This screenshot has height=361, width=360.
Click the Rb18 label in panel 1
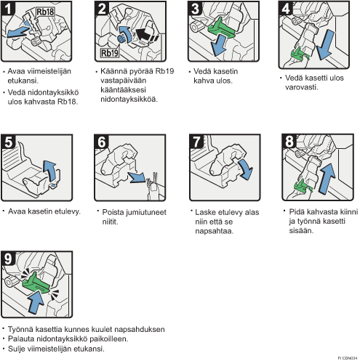[x=45, y=12]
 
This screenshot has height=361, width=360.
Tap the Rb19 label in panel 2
[x=110, y=53]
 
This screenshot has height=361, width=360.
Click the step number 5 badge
[x=9, y=142]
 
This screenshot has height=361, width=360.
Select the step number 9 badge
[x=8, y=259]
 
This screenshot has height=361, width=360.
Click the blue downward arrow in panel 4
[x=325, y=45]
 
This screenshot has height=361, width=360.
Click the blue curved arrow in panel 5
[x=50, y=171]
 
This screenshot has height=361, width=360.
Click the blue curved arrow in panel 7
[x=246, y=169]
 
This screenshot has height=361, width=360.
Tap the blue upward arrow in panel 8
[x=327, y=178]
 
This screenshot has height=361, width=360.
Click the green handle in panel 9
[x=36, y=283]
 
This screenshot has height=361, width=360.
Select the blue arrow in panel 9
[x=36, y=302]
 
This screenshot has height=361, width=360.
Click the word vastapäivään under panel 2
[x=123, y=81]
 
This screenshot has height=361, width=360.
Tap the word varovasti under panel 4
[x=301, y=87]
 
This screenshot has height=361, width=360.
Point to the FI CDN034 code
[x=348, y=358]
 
